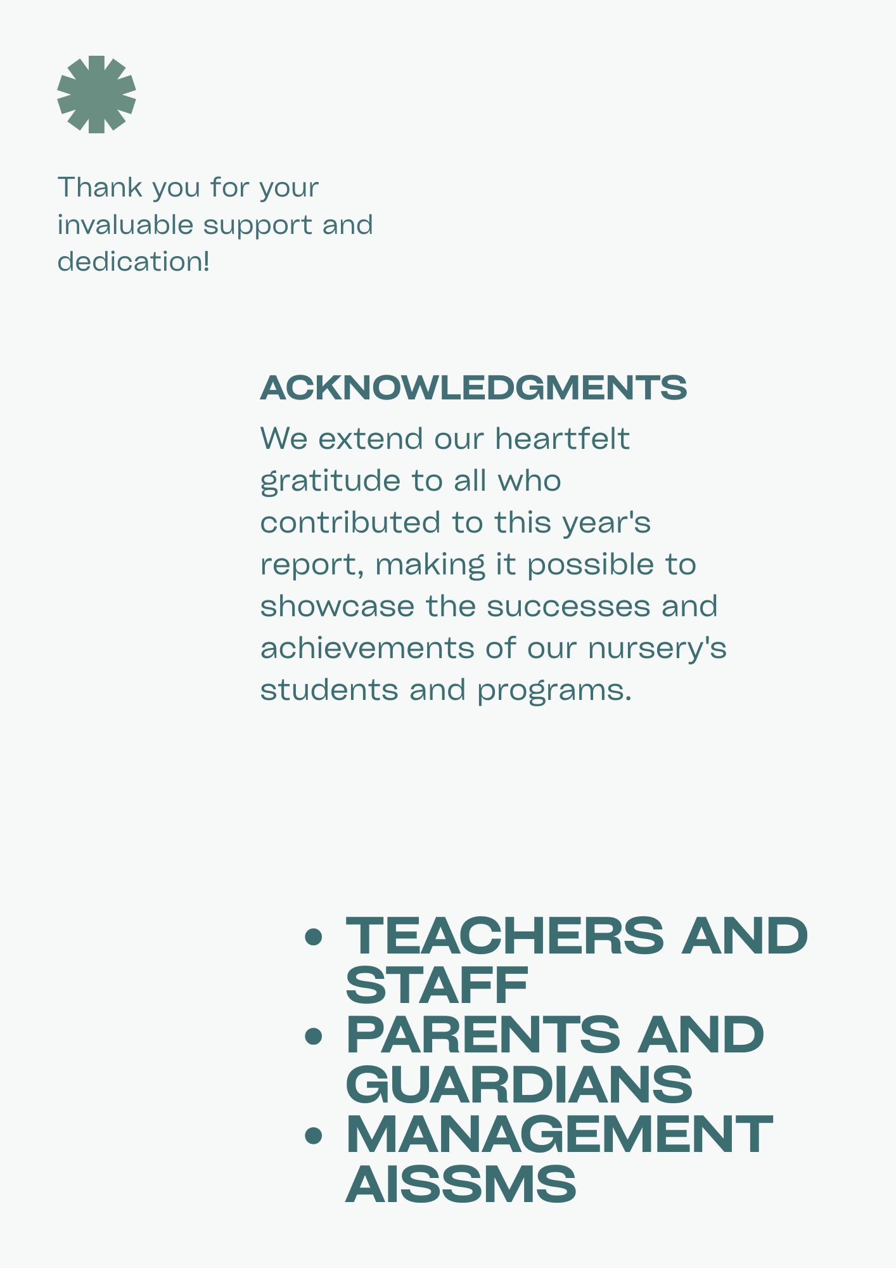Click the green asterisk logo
[96, 94]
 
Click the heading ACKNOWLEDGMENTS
[473, 388]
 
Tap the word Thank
[100, 188]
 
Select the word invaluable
[125, 225]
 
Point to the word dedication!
[133, 262]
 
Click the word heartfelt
[562, 439]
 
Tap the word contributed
[350, 522]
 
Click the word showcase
[337, 606]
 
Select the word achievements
[367, 648]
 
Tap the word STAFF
[437, 985]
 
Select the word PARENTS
[483, 1035]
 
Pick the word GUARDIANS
[519, 1084]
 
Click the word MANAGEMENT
[559, 1134]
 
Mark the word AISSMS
[461, 1184]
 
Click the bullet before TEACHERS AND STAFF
[314, 936]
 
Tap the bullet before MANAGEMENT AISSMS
[314, 1135]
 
